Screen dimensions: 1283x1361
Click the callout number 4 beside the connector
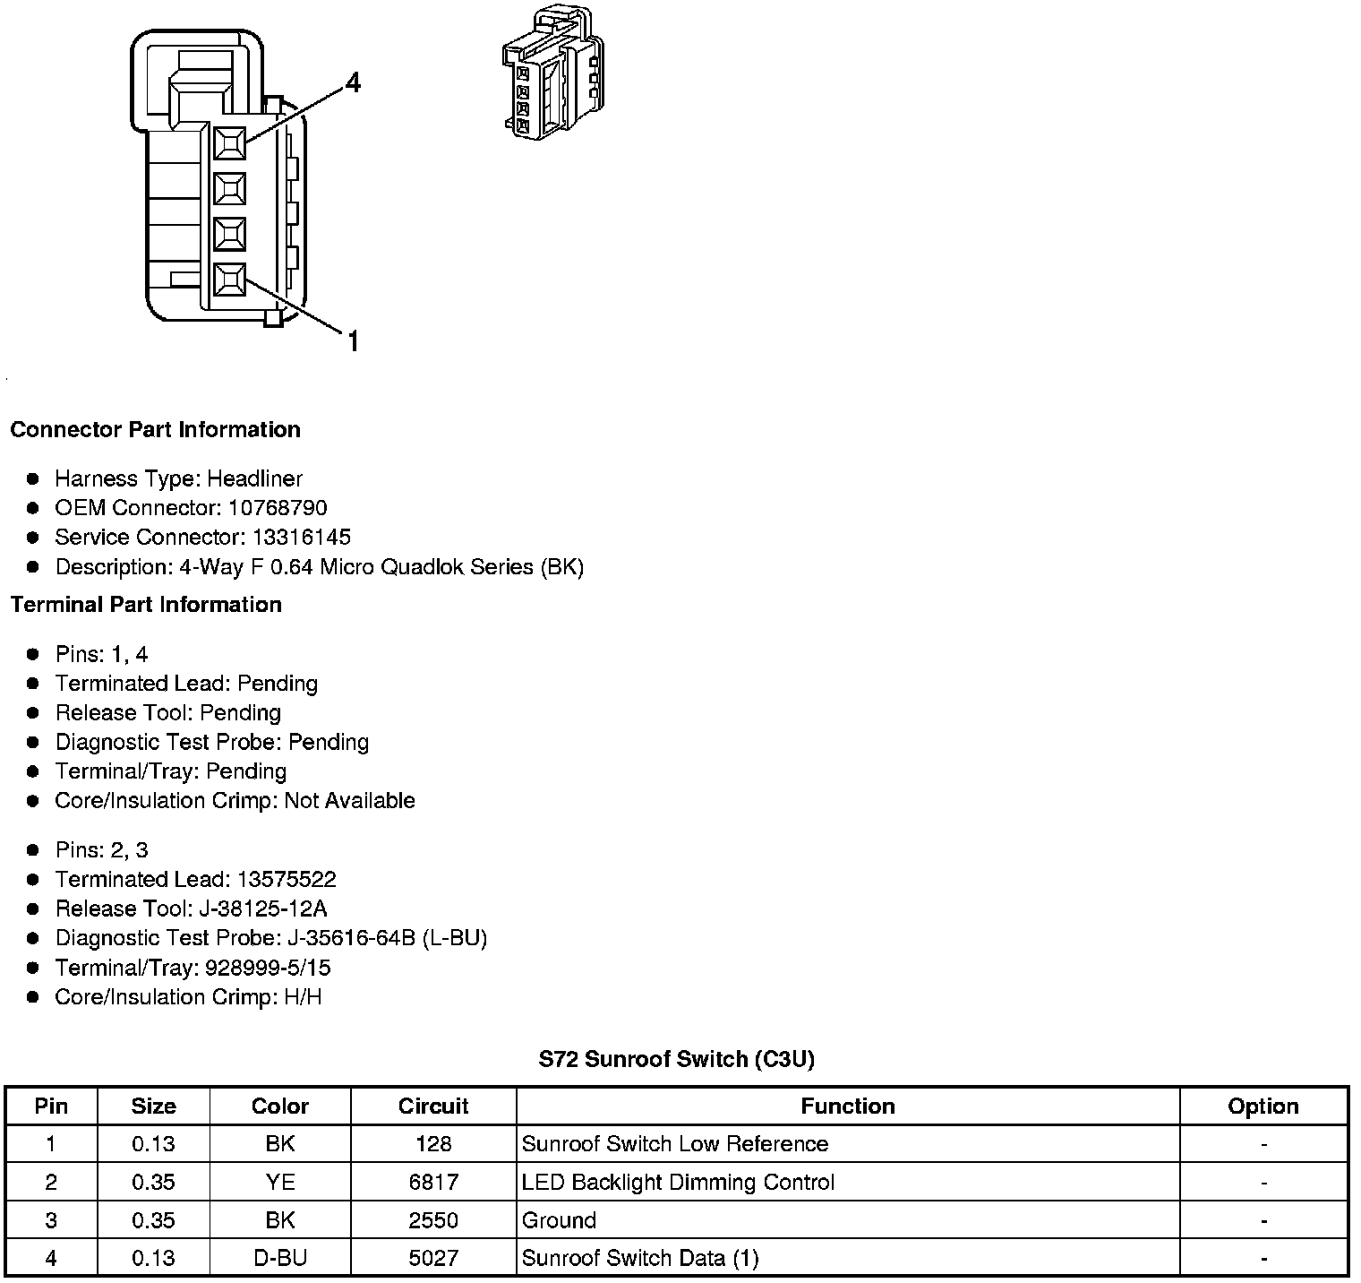coord(353,83)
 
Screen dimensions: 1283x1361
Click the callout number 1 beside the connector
coord(353,341)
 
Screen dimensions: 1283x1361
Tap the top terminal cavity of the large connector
coord(230,143)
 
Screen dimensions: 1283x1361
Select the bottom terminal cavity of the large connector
coord(230,280)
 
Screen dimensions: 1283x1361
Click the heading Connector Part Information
coord(155,430)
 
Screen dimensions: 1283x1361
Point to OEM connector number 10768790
coord(278,508)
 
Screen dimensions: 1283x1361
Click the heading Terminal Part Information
coord(146,605)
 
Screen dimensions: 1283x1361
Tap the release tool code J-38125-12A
coord(263,909)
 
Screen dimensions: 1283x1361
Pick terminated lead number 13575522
coord(287,880)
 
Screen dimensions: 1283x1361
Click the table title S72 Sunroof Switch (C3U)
coord(676,1060)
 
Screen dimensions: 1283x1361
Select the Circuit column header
coord(433,1106)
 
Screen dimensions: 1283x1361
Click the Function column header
coord(847,1106)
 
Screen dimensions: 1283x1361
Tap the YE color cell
coord(280,1183)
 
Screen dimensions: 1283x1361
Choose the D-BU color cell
coord(280,1259)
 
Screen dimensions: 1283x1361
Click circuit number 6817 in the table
coord(433,1183)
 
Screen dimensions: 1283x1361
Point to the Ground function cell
coord(559,1221)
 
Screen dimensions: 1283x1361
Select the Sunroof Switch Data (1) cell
coord(640,1259)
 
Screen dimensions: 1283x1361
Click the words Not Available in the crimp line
coord(349,801)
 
